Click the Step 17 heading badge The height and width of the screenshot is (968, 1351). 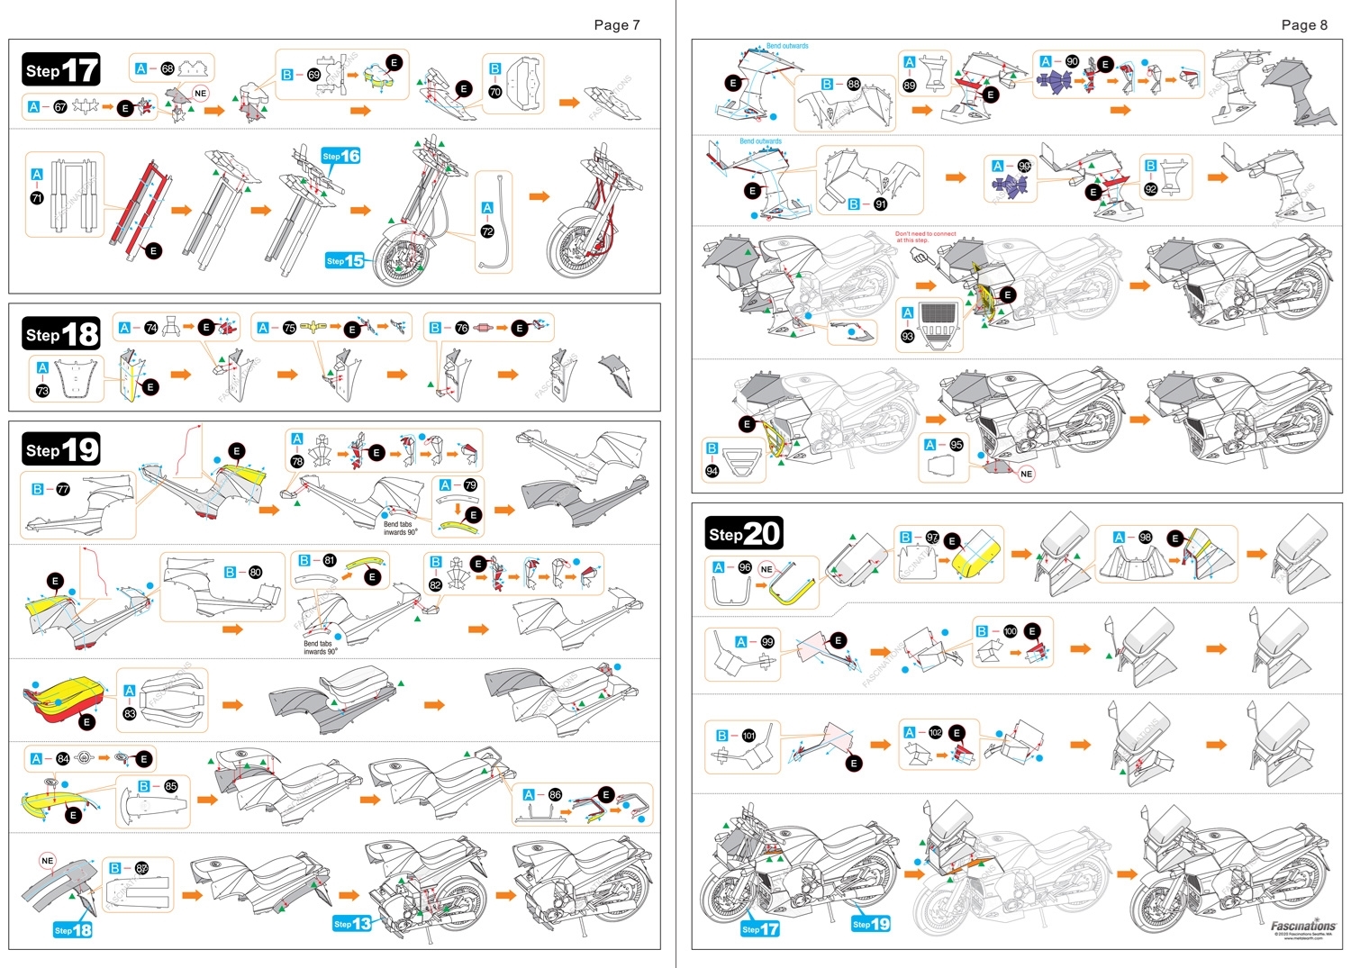(61, 70)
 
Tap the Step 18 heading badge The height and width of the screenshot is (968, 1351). (61, 334)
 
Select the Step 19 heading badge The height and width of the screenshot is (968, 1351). (61, 449)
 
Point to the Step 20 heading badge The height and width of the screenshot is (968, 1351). (744, 533)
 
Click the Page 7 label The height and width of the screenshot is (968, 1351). (617, 25)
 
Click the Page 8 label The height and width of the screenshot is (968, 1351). (1304, 25)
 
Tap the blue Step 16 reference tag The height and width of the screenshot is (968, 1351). (341, 156)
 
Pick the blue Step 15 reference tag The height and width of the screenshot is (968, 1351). (344, 261)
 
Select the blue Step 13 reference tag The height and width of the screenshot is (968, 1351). (352, 924)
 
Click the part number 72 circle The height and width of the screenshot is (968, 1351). (487, 231)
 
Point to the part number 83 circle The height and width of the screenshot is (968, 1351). (130, 714)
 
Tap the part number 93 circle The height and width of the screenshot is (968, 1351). (908, 336)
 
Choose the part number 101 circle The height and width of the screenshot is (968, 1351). (748, 736)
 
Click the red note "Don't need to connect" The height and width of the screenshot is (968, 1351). (925, 237)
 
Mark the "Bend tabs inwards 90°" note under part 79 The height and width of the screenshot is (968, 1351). (400, 528)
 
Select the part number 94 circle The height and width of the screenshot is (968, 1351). (712, 471)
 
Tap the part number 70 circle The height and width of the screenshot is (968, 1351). (494, 92)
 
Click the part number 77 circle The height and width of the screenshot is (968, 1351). (63, 490)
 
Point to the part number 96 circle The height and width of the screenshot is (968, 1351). (745, 567)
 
